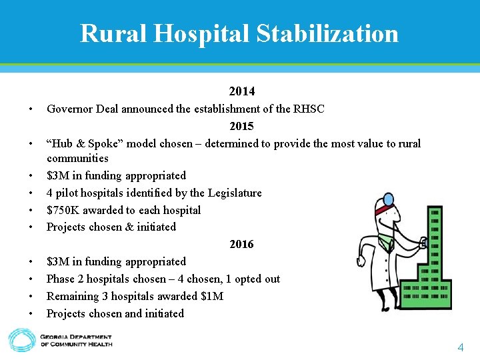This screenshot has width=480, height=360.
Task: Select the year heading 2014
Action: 241,91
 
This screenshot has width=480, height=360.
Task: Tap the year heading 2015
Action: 241,126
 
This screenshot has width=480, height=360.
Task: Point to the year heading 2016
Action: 241,244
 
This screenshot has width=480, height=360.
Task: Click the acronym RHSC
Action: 309,109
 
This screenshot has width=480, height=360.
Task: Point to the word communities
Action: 77,159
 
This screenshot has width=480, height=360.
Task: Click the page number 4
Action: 460,347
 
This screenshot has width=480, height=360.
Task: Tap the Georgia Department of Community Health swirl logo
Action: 21,339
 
